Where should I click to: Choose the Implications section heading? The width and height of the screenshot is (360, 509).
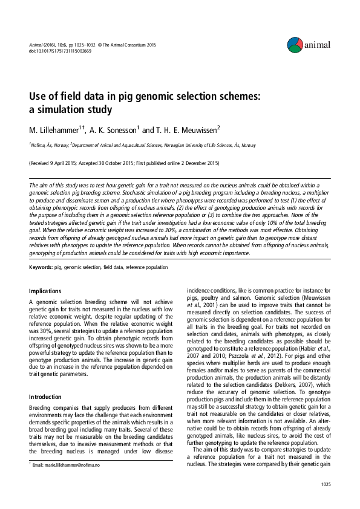tap(45, 291)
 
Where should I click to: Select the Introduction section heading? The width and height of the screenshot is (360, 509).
tap(46, 380)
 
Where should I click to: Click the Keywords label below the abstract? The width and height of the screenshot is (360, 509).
tap(41, 266)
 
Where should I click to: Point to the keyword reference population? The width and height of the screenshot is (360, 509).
tap(146, 266)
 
